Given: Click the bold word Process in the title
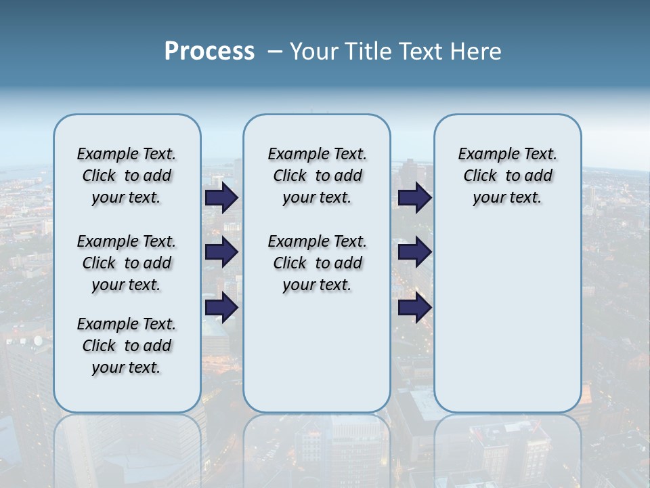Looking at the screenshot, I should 209,51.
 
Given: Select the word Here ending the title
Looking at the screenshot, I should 475,51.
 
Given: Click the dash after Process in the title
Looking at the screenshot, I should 275,52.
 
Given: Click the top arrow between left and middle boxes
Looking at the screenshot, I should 221,198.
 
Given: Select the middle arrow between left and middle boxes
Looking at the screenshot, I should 221,252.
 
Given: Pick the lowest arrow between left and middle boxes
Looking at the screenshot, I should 221,308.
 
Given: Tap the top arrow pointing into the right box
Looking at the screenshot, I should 414,198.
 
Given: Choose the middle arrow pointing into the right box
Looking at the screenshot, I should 414,252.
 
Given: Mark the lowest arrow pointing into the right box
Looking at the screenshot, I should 414,308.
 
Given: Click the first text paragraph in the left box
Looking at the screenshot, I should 127,176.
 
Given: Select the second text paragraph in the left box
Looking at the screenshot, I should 127,263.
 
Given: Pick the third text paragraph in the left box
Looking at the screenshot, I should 127,346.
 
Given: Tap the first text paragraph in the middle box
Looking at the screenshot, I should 317,176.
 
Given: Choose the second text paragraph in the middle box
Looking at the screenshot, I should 317,263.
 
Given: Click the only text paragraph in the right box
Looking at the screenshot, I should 507,176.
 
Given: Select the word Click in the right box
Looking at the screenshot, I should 480,176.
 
